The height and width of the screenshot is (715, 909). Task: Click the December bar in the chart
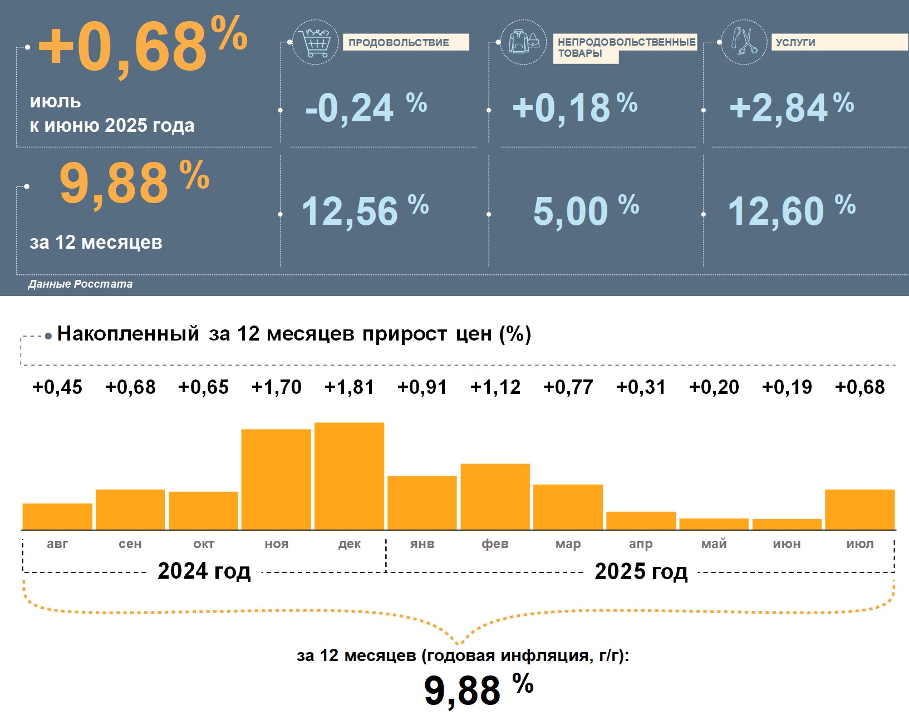click(349, 476)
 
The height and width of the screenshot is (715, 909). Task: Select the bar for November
click(276, 480)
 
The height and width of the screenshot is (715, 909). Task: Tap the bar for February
click(495, 496)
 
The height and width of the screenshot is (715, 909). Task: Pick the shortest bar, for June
click(787, 524)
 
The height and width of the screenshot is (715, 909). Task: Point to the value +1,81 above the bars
click(349, 387)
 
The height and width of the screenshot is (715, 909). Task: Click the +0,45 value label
click(57, 387)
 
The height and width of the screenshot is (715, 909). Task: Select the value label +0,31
click(641, 387)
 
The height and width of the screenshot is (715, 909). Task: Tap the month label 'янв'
click(422, 544)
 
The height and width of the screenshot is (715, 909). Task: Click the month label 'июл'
click(859, 544)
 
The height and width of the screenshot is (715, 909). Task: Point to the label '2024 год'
click(204, 571)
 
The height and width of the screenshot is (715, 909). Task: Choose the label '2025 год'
click(641, 571)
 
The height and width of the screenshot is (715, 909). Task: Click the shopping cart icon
click(315, 42)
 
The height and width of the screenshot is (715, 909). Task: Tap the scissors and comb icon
click(744, 42)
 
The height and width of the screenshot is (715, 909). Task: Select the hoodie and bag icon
click(523, 42)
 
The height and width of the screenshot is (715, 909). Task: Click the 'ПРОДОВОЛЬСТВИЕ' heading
click(399, 42)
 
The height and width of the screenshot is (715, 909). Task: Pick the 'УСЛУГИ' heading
click(795, 42)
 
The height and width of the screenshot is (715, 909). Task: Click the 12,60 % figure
click(791, 211)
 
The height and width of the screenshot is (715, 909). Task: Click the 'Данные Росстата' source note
click(80, 284)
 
